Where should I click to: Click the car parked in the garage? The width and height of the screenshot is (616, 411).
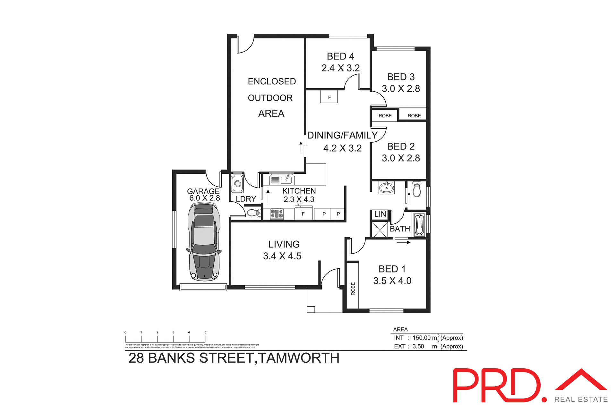[x=204, y=242]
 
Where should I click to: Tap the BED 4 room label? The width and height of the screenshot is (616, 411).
[x=340, y=56]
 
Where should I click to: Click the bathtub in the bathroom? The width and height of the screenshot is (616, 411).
[x=419, y=225]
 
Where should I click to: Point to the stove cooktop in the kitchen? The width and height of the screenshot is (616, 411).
[x=277, y=214]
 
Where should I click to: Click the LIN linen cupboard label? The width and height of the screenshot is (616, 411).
[x=380, y=214]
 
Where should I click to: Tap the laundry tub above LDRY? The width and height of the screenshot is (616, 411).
[x=237, y=184]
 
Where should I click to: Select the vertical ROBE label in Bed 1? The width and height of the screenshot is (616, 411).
[x=353, y=289]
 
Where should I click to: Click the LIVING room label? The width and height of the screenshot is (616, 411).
[x=284, y=244]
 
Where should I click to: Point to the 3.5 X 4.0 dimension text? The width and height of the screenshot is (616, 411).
[x=392, y=281]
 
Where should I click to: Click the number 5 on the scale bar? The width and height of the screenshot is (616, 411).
[x=205, y=332]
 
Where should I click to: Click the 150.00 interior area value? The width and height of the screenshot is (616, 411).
[x=421, y=338]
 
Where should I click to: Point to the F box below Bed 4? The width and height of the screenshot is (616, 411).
[x=329, y=97]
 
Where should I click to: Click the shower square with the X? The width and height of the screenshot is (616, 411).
[x=380, y=229]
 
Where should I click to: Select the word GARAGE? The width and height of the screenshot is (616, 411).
[x=203, y=191]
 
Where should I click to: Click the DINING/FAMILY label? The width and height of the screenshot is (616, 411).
[x=342, y=135]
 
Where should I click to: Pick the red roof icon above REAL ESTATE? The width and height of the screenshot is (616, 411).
[x=581, y=381]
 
